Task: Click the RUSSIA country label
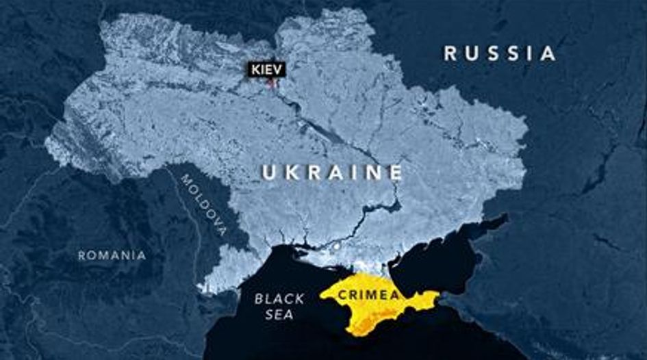click(499, 53)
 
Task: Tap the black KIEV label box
click(266, 69)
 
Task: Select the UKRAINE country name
click(332, 173)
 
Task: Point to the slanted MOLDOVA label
click(203, 205)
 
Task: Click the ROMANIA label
click(112, 255)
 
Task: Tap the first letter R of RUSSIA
click(450, 53)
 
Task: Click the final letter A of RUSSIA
click(548, 53)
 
